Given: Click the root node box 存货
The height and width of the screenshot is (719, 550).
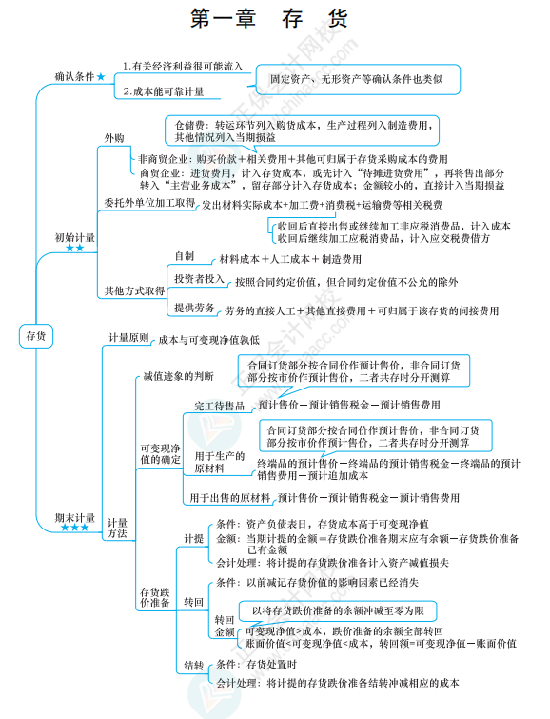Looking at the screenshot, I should (36, 335).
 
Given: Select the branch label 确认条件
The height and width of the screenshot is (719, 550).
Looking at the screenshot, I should (74, 75).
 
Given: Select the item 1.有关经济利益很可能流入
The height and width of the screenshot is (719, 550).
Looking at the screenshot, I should (184, 66).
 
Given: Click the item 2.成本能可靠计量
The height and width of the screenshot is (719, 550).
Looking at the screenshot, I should (166, 92).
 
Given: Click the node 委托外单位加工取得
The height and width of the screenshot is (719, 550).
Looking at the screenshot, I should (149, 203).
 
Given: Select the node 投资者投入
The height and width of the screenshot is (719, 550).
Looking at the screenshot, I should (199, 278).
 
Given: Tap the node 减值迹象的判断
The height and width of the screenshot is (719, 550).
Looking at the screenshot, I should (178, 376).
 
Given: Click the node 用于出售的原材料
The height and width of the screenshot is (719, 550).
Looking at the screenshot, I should (229, 497).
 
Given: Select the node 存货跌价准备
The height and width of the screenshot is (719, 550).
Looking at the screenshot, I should (154, 595).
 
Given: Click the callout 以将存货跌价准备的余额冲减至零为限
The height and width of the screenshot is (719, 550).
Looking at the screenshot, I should (344, 609).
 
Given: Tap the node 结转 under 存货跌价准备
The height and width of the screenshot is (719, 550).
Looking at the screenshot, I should (193, 665).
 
